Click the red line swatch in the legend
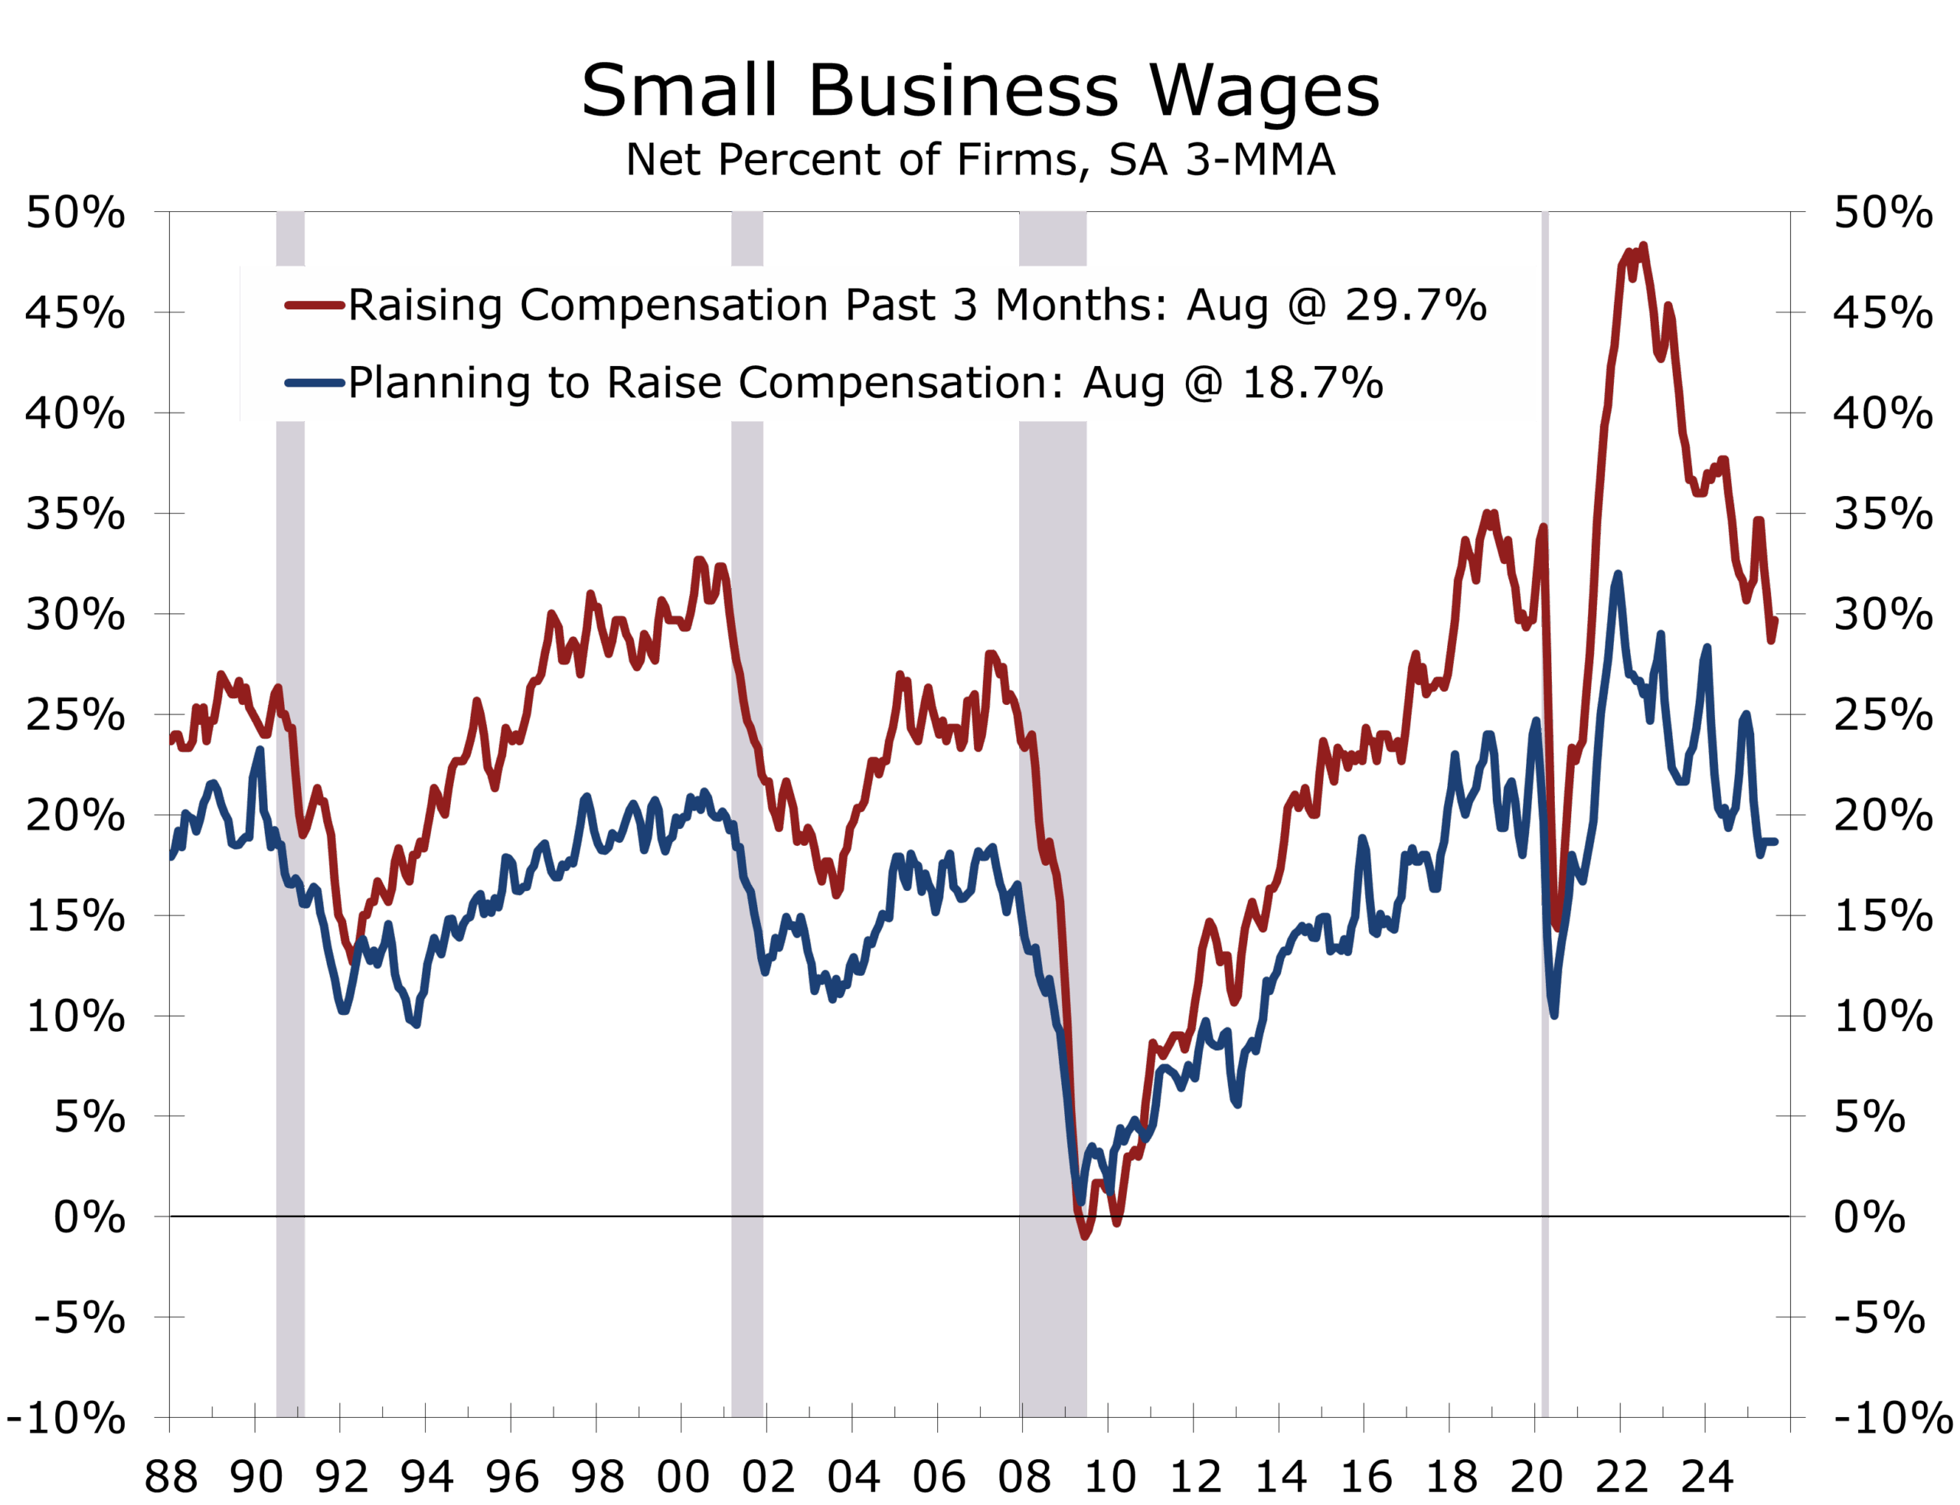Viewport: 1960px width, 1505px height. (315, 305)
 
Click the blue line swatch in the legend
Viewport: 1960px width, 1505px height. (315, 384)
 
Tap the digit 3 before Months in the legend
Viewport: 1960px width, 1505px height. (964, 305)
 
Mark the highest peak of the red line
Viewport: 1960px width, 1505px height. (1643, 246)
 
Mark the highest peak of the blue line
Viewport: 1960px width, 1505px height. (1617, 575)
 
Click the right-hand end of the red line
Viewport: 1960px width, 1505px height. (1775, 620)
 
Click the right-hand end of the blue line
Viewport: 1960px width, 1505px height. (1775, 841)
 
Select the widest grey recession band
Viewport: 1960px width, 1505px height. (1053, 806)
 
